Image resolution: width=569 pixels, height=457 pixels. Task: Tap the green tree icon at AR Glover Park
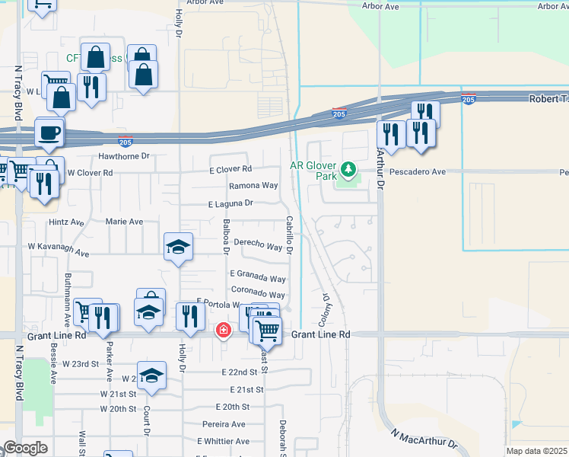tap(349, 168)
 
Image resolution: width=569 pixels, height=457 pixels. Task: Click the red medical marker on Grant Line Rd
tap(223, 330)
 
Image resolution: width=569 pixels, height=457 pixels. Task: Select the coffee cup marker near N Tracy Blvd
tap(49, 133)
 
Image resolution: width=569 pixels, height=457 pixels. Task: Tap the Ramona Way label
tap(253, 186)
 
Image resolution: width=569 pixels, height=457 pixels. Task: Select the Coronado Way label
tap(258, 295)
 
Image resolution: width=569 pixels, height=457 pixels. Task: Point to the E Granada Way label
tap(258, 277)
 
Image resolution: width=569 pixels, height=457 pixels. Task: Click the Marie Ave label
tap(125, 222)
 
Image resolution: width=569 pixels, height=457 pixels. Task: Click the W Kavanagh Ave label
tap(59, 249)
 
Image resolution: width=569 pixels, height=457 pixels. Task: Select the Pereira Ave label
tap(224, 424)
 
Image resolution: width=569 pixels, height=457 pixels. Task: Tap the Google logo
tap(26, 449)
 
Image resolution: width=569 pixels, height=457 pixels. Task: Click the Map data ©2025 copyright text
tap(537, 451)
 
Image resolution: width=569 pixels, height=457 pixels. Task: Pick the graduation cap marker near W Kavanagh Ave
tap(179, 248)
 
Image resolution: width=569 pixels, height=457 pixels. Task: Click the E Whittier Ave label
tap(222, 441)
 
